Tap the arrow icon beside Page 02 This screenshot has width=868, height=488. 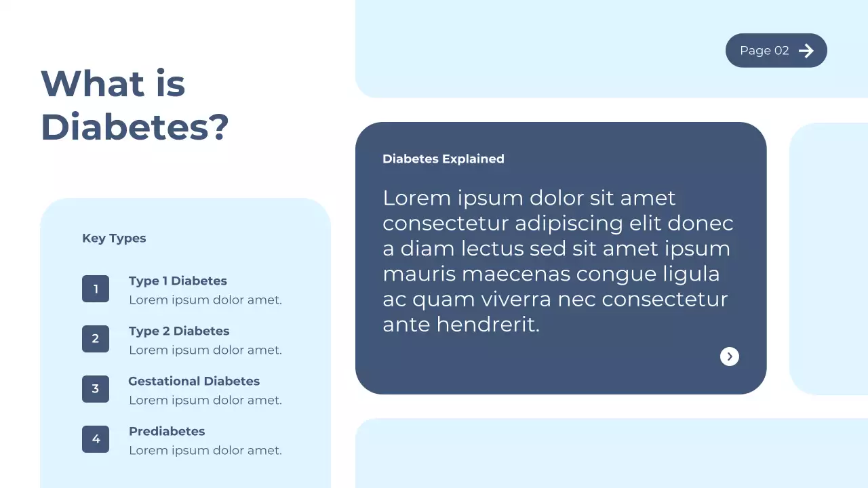pos(806,51)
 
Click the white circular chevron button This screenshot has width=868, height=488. pos(730,357)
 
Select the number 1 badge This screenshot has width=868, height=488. pos(96,289)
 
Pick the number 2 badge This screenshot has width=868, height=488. pos(96,339)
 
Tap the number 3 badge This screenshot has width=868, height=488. pos(96,389)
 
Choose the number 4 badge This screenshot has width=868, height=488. pos(96,439)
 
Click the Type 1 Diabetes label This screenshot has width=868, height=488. pos(178,281)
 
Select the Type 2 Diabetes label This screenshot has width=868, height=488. pos(179,331)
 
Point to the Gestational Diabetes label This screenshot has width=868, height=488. pos(194,381)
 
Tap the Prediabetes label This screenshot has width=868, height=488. pos(167,431)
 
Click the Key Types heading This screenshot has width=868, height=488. pos(114,238)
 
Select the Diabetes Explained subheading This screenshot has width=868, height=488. pos(443,159)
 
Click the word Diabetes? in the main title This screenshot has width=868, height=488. pos(135,127)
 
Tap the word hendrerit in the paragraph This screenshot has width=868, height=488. pos(488,325)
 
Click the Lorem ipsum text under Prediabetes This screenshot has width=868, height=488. pos(205,450)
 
